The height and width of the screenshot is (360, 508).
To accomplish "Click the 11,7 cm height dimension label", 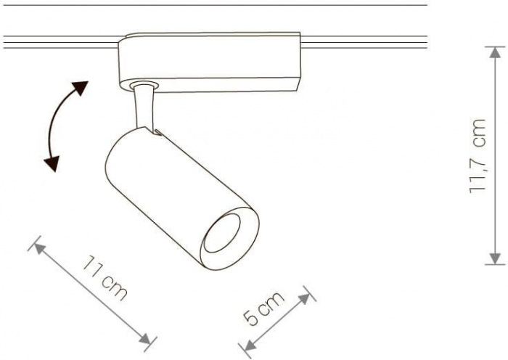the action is point(478,156).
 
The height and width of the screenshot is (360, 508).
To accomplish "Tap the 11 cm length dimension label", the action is point(105,278).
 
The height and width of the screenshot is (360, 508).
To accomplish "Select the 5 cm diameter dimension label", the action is point(263,308).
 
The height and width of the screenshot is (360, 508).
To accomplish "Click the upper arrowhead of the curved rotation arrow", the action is point(81,88).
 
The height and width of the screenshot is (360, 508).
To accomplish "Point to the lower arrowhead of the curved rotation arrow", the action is point(52,163).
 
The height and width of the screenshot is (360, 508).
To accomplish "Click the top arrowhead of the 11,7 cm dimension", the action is point(495,53).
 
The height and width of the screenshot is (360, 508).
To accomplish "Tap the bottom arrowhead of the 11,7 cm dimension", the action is point(495,258).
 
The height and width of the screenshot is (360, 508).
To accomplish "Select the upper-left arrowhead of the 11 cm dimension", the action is point(39,248).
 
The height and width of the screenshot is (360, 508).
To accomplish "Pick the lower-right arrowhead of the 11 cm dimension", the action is point(145,339).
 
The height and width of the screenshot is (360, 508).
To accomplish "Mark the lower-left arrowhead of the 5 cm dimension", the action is point(250,345).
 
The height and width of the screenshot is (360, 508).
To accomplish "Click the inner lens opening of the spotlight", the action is point(222,233).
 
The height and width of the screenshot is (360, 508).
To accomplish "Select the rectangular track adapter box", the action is point(210,62).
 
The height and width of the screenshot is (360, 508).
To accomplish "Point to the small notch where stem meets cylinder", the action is point(157,133).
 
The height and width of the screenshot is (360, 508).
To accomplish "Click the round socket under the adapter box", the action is point(144,85).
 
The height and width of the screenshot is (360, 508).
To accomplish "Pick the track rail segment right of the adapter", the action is point(364,42).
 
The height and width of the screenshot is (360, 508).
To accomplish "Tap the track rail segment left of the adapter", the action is point(60,42).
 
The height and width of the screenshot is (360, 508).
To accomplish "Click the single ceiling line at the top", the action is point(215,5).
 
